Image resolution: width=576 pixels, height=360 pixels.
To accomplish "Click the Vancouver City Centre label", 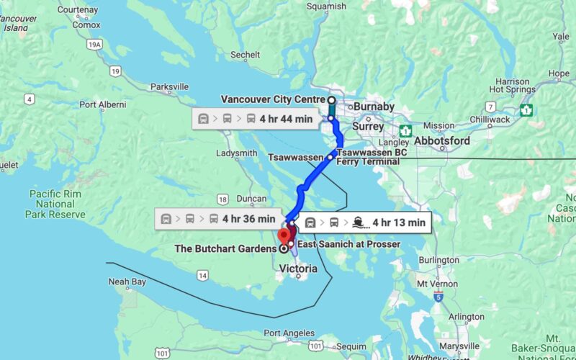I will click(273, 99).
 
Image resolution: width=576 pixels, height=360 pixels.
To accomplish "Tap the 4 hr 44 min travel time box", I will click(256, 120).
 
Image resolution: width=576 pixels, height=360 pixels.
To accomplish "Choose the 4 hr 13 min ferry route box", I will click(365, 222).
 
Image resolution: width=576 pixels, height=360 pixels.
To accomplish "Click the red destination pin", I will click(285, 235).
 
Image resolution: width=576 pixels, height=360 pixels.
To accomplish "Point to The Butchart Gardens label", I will click(225, 249).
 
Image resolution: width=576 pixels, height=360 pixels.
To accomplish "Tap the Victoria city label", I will click(297, 269).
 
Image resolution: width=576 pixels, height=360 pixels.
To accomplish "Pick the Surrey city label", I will click(368, 127).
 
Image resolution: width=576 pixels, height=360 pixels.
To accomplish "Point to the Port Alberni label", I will click(102, 104).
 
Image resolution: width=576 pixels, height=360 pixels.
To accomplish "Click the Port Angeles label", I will click(289, 333).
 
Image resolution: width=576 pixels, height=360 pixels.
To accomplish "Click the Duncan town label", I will click(251, 198).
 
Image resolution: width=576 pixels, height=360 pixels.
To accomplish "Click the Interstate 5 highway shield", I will click(438, 296).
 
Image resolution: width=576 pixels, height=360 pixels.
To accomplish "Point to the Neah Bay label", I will click(128, 282).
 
